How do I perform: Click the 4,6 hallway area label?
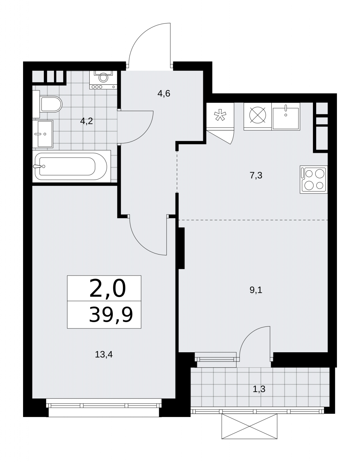click(x=164, y=94)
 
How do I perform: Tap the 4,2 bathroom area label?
click(x=87, y=121)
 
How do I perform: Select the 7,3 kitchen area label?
click(x=256, y=175)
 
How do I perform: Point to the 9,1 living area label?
click(x=256, y=290)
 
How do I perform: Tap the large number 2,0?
click(x=108, y=289)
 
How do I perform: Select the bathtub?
click(x=72, y=166)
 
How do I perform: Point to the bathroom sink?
click(x=43, y=134)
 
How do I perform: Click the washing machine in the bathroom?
click(x=103, y=80)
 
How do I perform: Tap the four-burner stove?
click(x=314, y=179)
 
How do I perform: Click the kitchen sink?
click(x=286, y=116)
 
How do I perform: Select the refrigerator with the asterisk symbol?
click(x=220, y=116)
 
